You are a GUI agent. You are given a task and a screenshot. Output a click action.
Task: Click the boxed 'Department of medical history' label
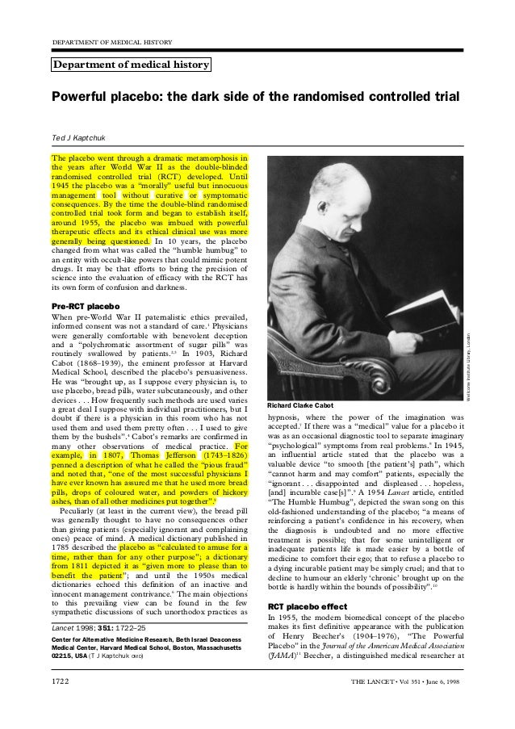click(131, 65)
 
